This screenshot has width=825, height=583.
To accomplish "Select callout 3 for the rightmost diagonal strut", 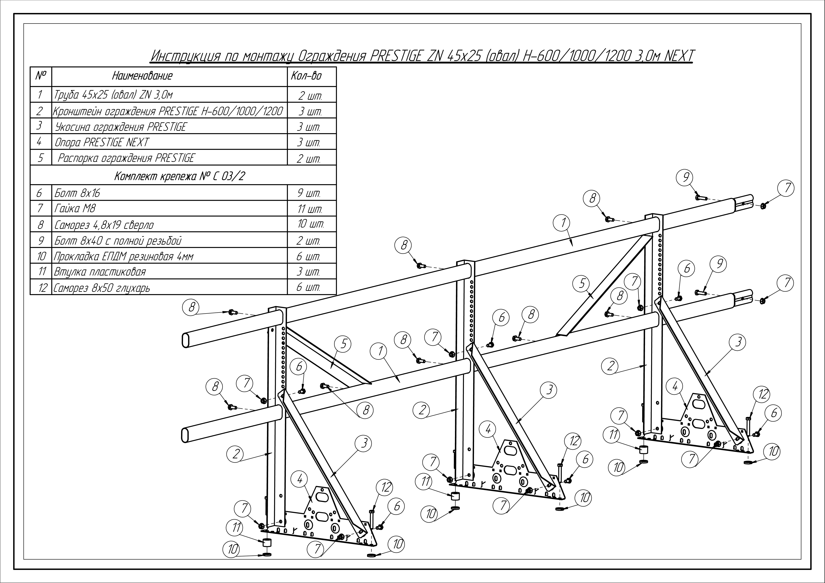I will [738, 342].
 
